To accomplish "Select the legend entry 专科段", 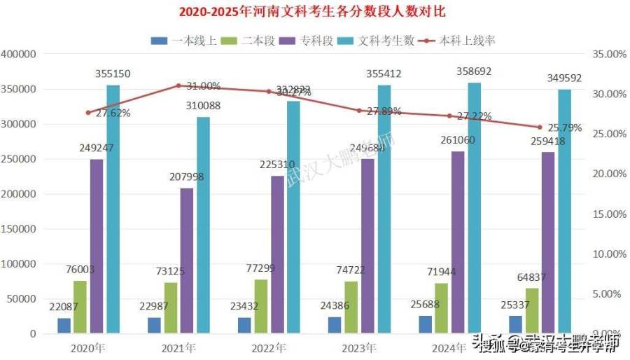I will point(310,40).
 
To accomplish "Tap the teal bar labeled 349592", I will point(564,211).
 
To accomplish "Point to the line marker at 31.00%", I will point(178,85).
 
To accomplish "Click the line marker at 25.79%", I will point(540,127).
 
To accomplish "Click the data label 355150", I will point(113,74).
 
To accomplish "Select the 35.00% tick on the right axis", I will point(606,55).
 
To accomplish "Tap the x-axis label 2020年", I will point(88,348).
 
